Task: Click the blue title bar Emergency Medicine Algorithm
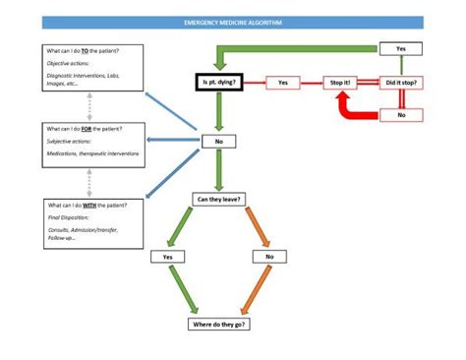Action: (x=232, y=21)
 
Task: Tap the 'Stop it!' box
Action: (x=341, y=83)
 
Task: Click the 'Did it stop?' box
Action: (x=400, y=83)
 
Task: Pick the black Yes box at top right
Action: (x=400, y=48)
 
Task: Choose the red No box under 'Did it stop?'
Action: (x=400, y=115)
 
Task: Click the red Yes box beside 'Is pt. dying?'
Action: (x=283, y=83)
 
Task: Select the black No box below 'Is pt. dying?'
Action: (x=218, y=142)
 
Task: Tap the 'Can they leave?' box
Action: (x=218, y=200)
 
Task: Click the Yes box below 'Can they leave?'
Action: (x=167, y=257)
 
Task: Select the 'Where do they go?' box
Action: (x=218, y=324)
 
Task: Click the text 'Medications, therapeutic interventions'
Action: (x=93, y=153)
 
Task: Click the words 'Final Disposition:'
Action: (x=67, y=217)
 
